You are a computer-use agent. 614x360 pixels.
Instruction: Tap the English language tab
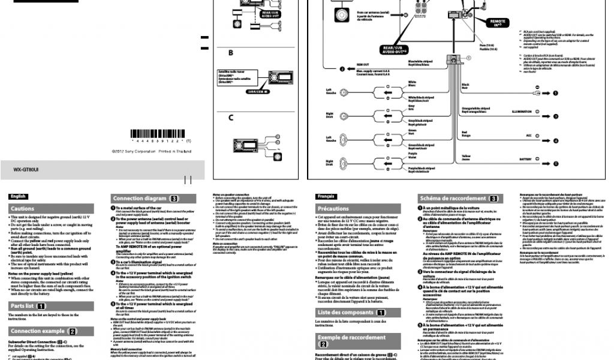pos(19,196)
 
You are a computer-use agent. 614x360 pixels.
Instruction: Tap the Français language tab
pos(326,196)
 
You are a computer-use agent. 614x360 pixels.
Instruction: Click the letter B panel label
pos(230,53)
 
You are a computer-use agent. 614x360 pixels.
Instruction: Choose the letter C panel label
pos(230,117)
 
